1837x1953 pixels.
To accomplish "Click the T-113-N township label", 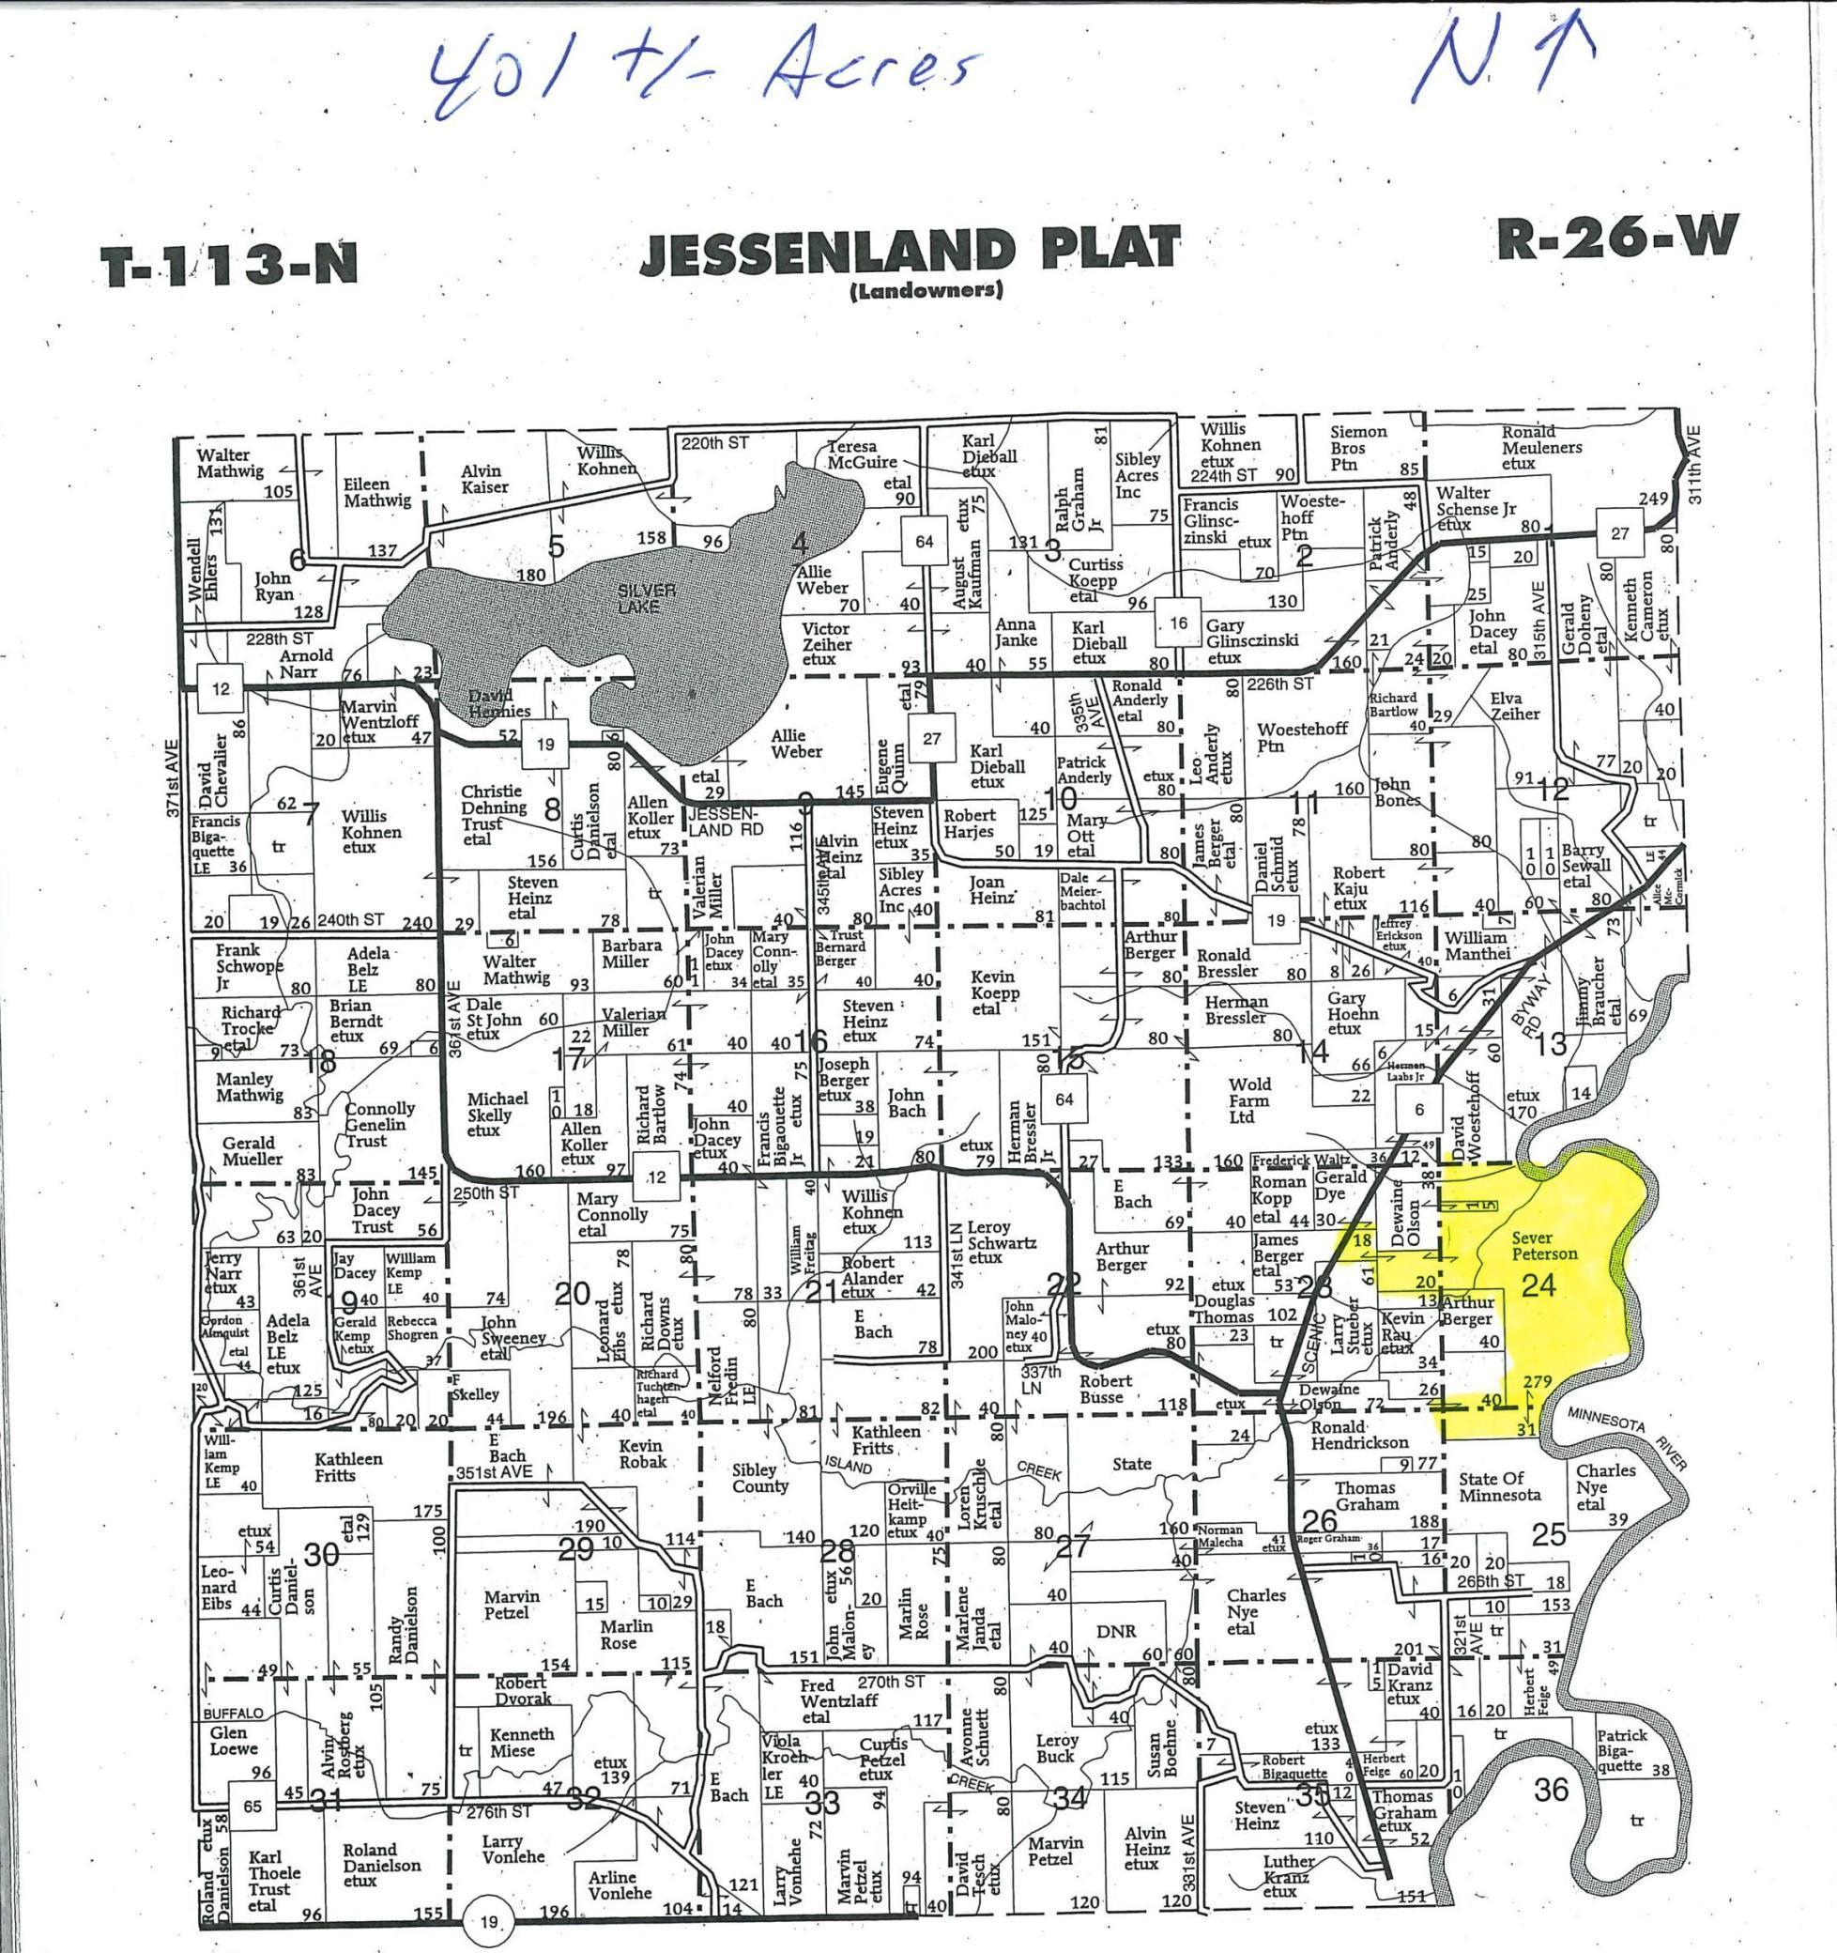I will pos(229,264).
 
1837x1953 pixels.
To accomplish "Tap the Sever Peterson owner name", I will pos(1544,1247).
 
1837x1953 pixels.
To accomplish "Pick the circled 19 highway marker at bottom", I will pos(489,1923).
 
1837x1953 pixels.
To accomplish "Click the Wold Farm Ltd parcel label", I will pos(1249,1100).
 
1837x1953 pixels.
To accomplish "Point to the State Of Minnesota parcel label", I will pos(1499,1486).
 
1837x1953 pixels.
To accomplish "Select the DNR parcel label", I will pos(1117,1631).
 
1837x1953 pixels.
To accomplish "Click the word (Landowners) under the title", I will pos(924,292).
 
